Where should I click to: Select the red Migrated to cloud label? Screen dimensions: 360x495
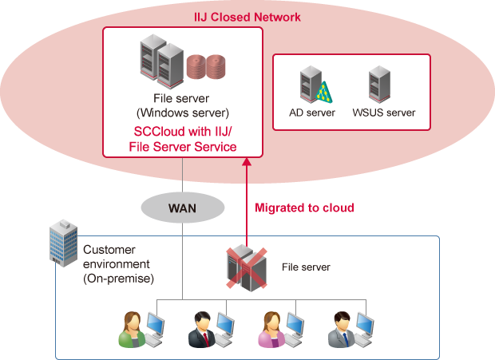point(303,208)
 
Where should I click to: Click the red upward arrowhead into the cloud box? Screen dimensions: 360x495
point(247,163)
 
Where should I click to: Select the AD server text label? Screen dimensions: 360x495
point(312,113)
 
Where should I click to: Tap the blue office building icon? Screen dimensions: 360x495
point(62,243)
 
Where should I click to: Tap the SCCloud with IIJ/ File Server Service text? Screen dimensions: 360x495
point(184,138)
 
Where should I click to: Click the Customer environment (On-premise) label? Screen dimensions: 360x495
point(118,264)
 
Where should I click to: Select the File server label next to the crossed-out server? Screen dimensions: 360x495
point(306,267)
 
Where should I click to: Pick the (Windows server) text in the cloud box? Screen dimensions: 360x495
point(183,112)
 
